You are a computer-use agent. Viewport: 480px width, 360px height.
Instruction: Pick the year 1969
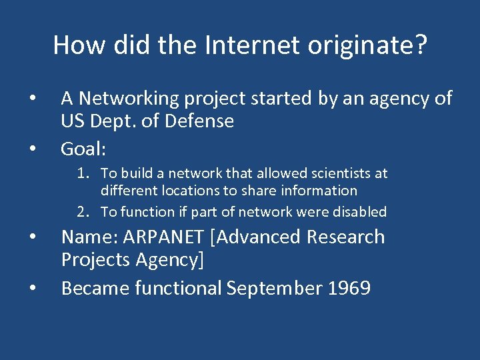(x=349, y=289)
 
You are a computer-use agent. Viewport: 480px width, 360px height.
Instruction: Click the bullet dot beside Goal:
(x=32, y=148)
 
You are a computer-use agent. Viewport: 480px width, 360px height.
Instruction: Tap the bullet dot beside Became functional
(x=32, y=288)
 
